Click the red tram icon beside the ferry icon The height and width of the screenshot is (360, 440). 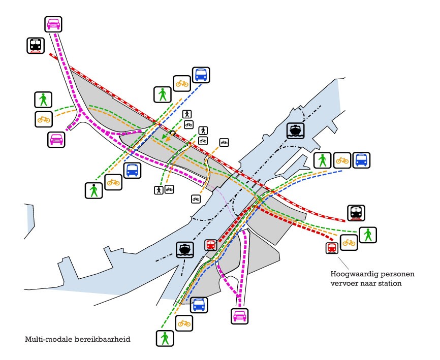[210, 245]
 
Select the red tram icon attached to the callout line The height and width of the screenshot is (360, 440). [332, 248]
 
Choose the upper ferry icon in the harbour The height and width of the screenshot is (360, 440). [294, 130]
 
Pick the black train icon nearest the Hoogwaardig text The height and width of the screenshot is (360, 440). [356, 213]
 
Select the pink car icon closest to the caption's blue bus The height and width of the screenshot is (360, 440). [239, 316]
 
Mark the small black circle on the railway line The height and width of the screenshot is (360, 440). [173, 133]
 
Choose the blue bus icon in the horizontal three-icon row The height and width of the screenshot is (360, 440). [361, 160]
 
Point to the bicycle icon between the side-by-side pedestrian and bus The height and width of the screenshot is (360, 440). [342, 160]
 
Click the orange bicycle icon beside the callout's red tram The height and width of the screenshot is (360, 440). [349, 242]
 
